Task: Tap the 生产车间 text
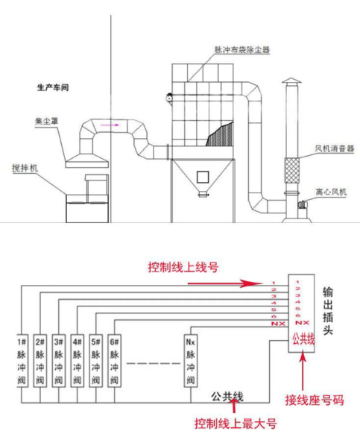point(53,87)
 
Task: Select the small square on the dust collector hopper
point(201,176)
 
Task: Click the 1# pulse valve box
point(22,361)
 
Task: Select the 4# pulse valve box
point(78,361)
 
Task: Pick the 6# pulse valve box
point(114,361)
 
